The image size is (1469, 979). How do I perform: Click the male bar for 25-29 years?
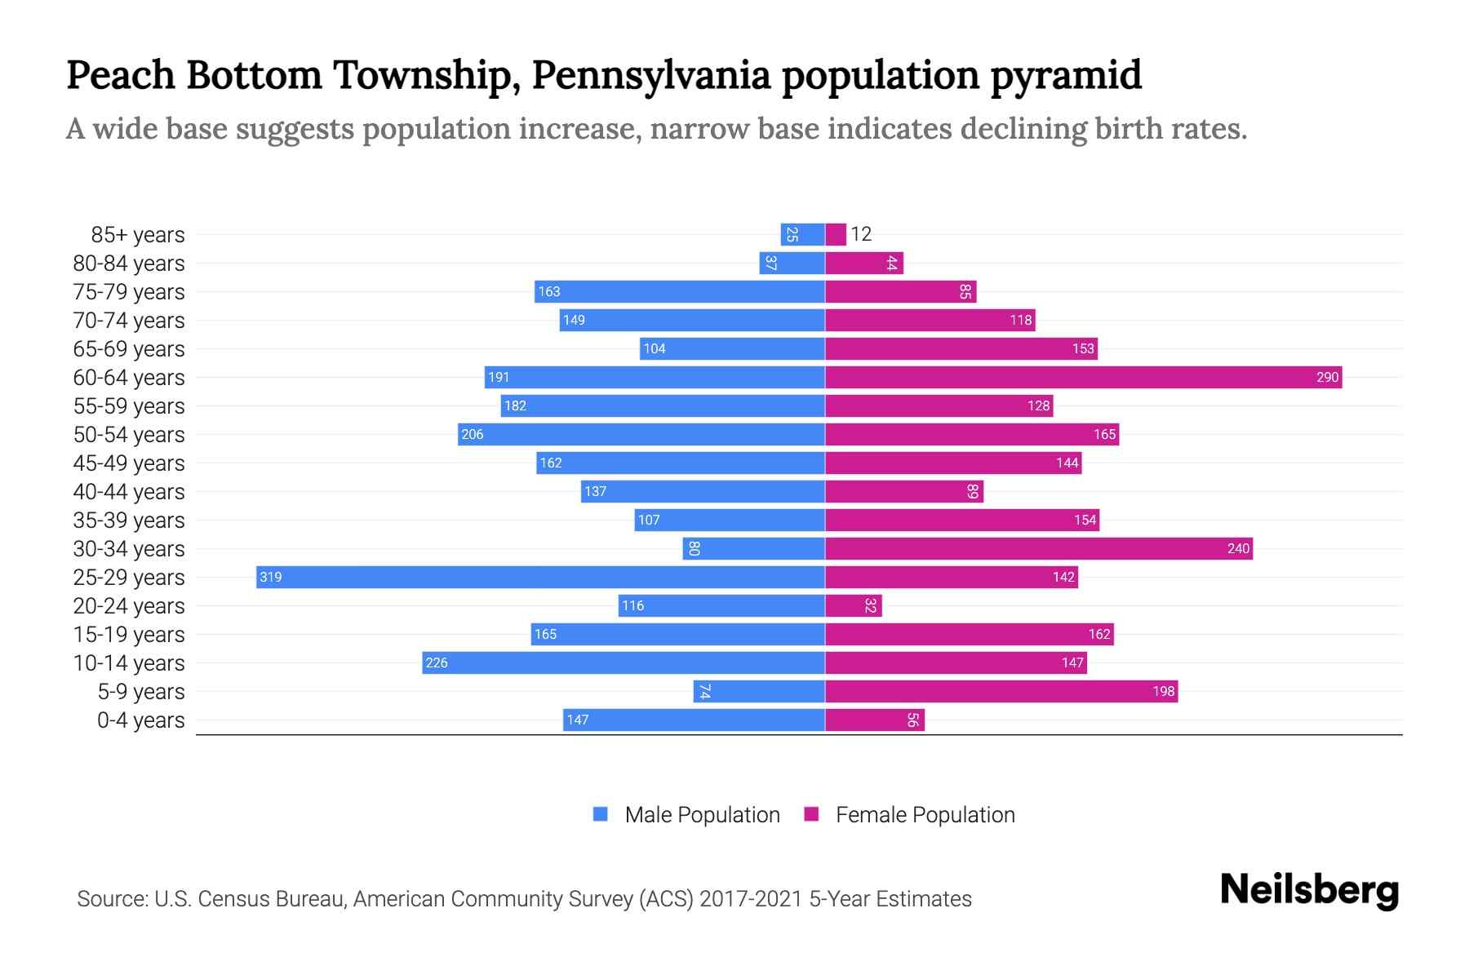pyautogui.click(x=540, y=577)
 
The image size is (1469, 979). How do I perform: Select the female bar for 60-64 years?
pyautogui.click(x=1083, y=377)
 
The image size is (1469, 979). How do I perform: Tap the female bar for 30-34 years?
pyautogui.click(x=1038, y=548)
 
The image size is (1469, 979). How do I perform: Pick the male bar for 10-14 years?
pyautogui.click(x=624, y=662)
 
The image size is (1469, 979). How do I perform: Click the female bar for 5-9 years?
pyautogui.click(x=1001, y=691)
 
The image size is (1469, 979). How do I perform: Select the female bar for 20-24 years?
pyautogui.click(x=853, y=605)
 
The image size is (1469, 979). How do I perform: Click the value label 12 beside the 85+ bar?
pyautogui.click(x=861, y=234)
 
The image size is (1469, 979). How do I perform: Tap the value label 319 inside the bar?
pyautogui.click(x=270, y=577)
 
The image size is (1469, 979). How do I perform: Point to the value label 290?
pyautogui.click(x=1327, y=377)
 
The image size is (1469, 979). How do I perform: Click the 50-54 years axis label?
pyautogui.click(x=129, y=434)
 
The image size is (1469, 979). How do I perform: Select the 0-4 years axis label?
pyautogui.click(x=140, y=720)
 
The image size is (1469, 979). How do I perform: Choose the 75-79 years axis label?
pyautogui.click(x=129, y=291)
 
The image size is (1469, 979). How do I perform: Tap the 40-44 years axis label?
pyautogui.click(x=129, y=491)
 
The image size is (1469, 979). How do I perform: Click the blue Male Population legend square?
pyautogui.click(x=601, y=814)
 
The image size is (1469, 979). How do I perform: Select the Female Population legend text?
pyautogui.click(x=925, y=814)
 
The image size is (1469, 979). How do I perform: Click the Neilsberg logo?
pyautogui.click(x=1309, y=890)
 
